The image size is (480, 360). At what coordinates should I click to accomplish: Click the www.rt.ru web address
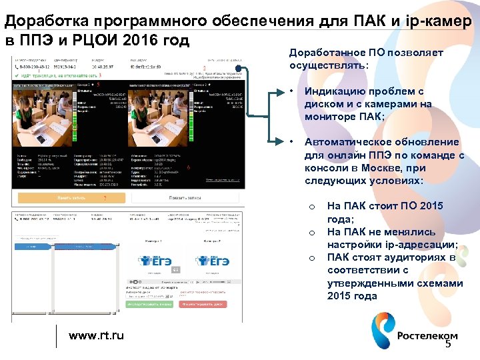coord(97,335)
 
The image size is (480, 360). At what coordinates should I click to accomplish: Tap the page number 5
coord(448,344)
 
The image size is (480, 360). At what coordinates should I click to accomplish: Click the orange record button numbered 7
coord(71,198)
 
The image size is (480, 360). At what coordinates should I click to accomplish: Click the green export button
coord(147,304)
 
